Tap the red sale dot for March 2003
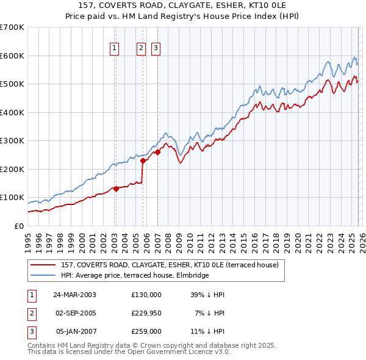pos(116,189)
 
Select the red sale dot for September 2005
pos(143,161)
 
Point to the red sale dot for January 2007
pos(157,153)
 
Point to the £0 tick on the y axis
pos(18,226)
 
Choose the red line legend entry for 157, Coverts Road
pos(170,265)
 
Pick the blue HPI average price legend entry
pos(135,275)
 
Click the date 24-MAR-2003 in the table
pos(74,295)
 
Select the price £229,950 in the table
pos(146,313)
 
